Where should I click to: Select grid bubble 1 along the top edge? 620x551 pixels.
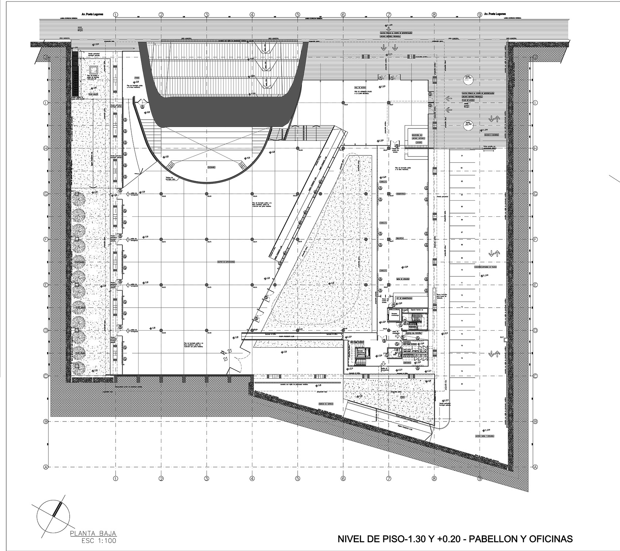coord(116,15)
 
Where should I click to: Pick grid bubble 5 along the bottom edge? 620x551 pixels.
coord(298,478)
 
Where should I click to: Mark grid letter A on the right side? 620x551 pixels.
coord(535,467)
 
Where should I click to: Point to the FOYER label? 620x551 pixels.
coord(137,78)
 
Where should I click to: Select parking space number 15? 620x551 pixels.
coord(462,334)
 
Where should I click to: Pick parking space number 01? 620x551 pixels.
coord(462,156)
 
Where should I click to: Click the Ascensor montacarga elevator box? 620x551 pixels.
coord(394,315)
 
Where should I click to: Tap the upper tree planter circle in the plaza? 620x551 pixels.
coord(466,79)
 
